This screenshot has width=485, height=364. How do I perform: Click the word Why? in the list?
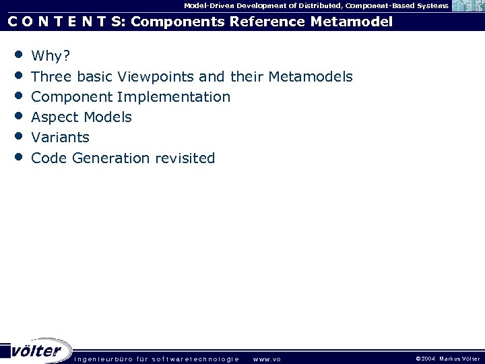51,56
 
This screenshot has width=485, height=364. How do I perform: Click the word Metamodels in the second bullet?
310,76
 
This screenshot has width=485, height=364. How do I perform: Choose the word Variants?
60,138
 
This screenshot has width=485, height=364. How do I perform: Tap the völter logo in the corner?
36,351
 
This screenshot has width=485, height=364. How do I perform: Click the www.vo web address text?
267,359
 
